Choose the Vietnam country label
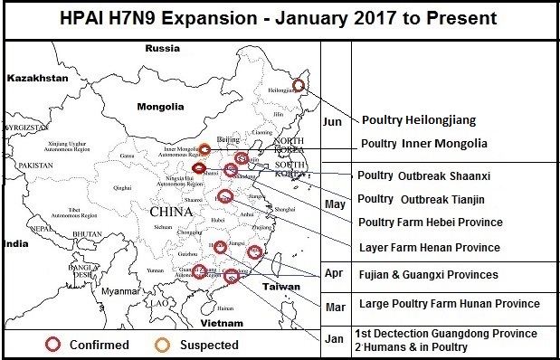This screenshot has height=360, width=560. tap(227, 322)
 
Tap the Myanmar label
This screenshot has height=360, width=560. tap(125, 291)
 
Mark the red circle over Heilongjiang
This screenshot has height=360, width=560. tap(300, 88)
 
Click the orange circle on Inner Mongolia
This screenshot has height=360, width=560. tap(205, 149)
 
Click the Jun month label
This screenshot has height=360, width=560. tap(332, 119)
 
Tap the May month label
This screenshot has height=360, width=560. tap(335, 204)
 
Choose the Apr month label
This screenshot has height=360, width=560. tap(333, 271)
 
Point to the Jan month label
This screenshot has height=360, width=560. tap(333, 339)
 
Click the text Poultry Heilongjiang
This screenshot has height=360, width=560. tap(419, 120)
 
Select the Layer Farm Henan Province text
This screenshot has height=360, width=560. tap(429, 247)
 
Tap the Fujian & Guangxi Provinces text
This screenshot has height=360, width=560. tap(428, 274)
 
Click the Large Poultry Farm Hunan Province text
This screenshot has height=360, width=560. tap(449, 304)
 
